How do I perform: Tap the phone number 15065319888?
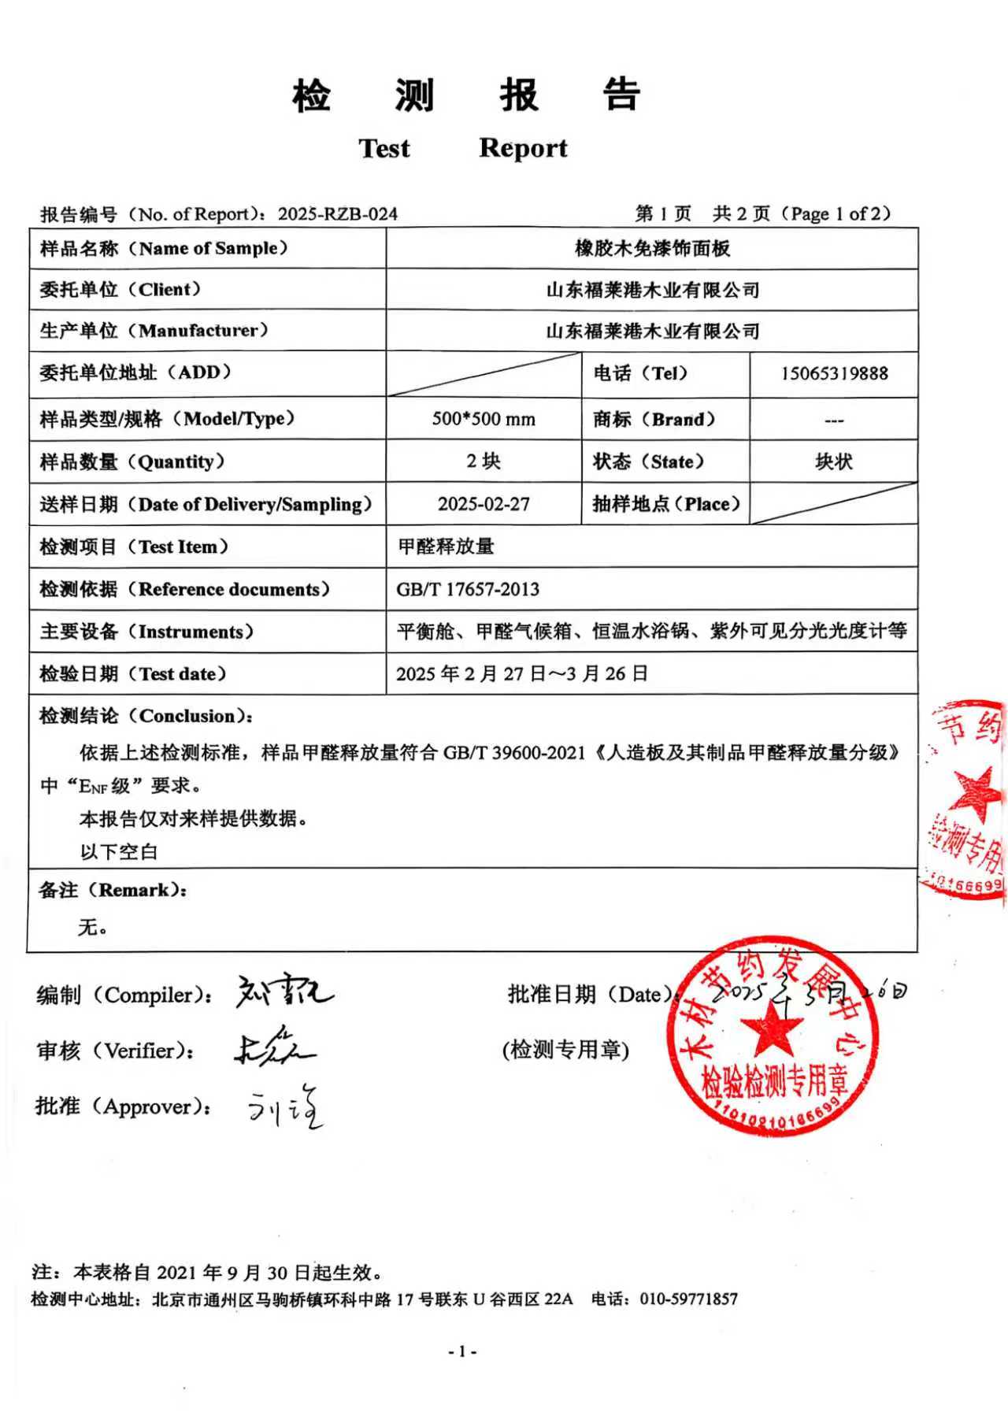[x=834, y=373]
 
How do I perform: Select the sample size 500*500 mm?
[x=484, y=419]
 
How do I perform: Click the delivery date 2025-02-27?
[x=484, y=504]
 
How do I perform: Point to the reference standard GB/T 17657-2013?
[x=468, y=589]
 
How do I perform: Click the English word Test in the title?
[x=384, y=148]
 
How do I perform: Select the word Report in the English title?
[x=523, y=148]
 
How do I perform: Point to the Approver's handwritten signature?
[x=285, y=1107]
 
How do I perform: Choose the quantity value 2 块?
[x=484, y=461]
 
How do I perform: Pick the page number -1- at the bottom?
[x=462, y=1351]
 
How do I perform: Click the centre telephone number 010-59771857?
[x=688, y=1299]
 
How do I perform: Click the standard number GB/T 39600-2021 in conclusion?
[x=514, y=753]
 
